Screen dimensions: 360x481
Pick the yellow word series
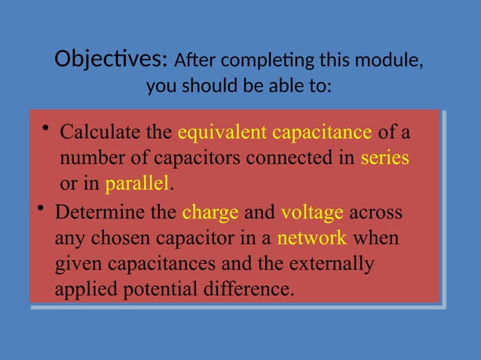click(x=384, y=159)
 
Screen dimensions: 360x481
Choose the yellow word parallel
click(x=138, y=184)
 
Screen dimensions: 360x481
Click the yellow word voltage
click(x=312, y=212)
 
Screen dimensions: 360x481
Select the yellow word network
click(x=312, y=239)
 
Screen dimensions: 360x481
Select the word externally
click(x=337, y=264)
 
